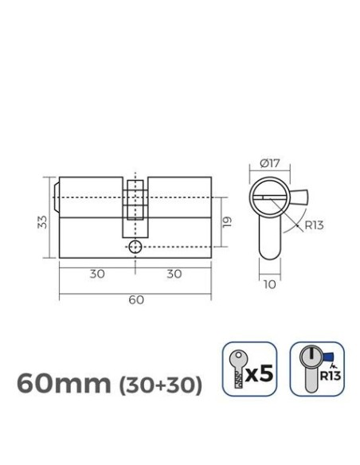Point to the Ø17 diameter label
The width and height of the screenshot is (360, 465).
click(270, 164)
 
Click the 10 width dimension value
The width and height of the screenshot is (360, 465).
click(270, 283)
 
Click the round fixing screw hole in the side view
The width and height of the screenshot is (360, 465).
click(135, 247)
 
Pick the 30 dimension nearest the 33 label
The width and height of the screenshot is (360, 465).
click(97, 274)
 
